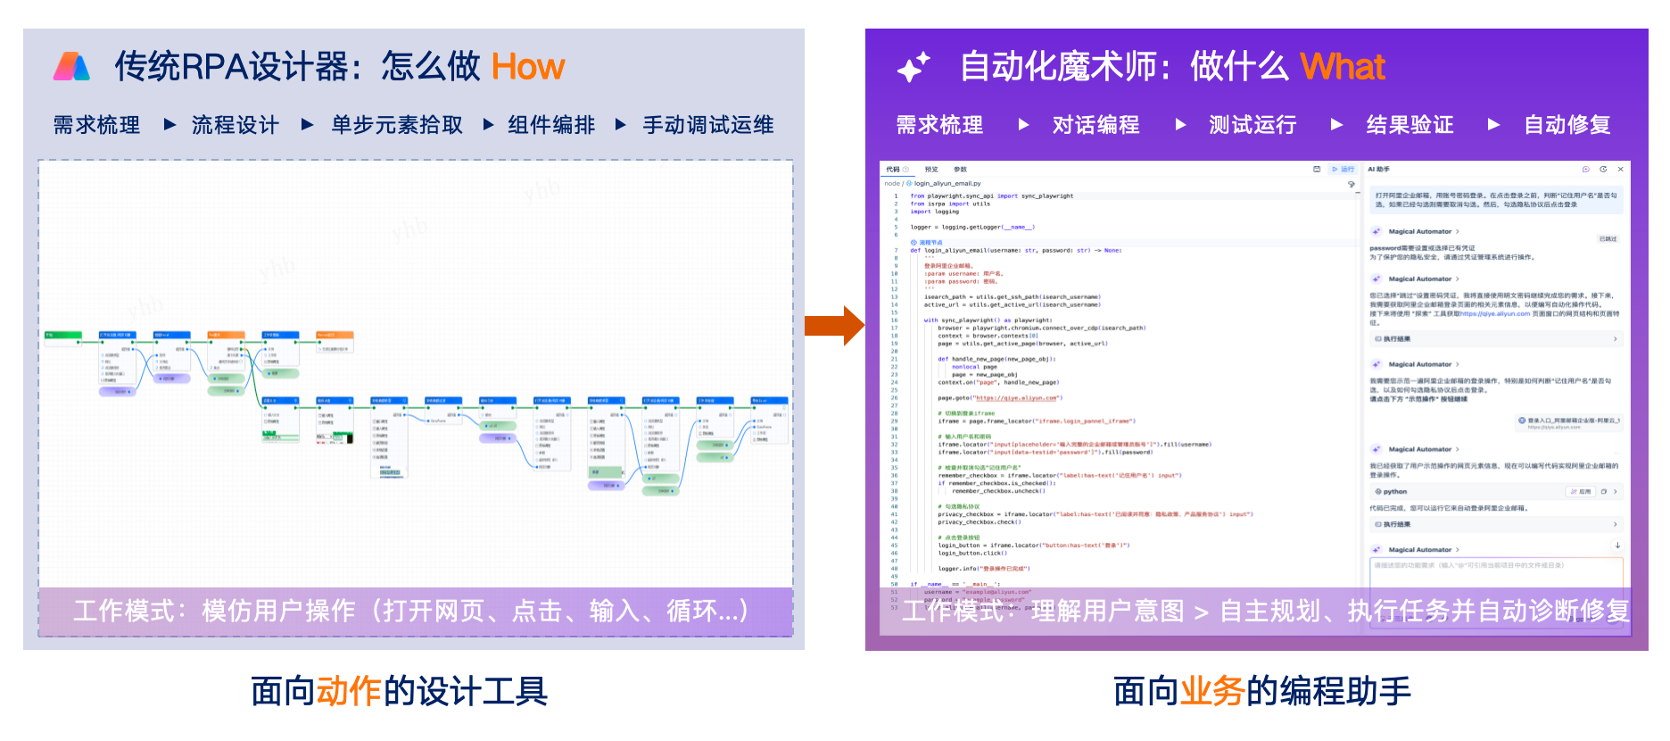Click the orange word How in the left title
(527, 67)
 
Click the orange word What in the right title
(1342, 67)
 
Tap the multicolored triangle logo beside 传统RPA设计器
(71, 67)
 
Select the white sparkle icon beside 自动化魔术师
(913, 67)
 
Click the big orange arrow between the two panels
(834, 326)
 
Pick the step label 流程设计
(236, 125)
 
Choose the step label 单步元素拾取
(397, 125)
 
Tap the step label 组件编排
(551, 125)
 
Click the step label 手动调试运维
(708, 125)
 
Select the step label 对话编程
(1095, 125)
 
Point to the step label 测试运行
(1252, 125)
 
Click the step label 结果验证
(1410, 125)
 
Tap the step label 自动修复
(1567, 125)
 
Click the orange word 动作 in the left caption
(349, 691)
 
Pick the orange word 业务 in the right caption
(1212, 691)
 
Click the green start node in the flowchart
(62, 336)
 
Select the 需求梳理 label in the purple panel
(939, 125)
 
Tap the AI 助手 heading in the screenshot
(1378, 169)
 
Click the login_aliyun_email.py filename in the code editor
(947, 184)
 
